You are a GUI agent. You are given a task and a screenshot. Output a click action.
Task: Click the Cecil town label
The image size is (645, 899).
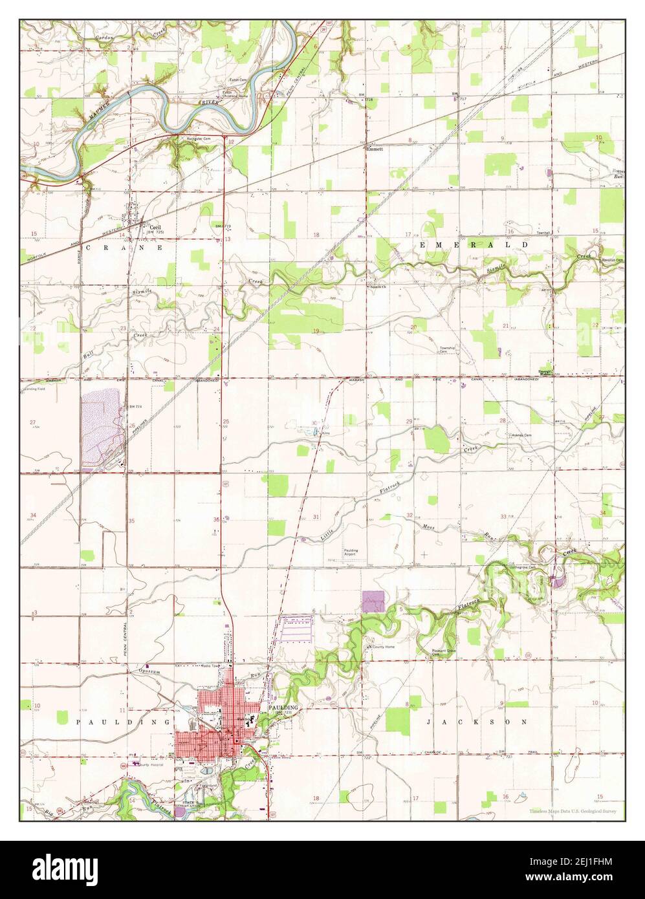pos(155,228)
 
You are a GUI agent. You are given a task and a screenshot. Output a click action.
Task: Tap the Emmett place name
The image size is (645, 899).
pos(375,149)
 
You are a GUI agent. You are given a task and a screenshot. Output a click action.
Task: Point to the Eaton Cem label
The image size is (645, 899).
pos(239,80)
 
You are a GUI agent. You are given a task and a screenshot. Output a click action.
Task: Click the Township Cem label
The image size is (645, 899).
pos(448,350)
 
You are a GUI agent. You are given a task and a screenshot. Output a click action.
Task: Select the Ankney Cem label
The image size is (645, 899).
pos(520,435)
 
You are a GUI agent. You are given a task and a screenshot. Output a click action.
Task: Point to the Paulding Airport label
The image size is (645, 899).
pos(351,552)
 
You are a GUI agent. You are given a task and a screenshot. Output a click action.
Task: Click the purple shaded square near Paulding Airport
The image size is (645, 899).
pos(373,601)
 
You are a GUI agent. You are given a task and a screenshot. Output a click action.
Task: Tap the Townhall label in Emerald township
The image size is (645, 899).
pos(541,232)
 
